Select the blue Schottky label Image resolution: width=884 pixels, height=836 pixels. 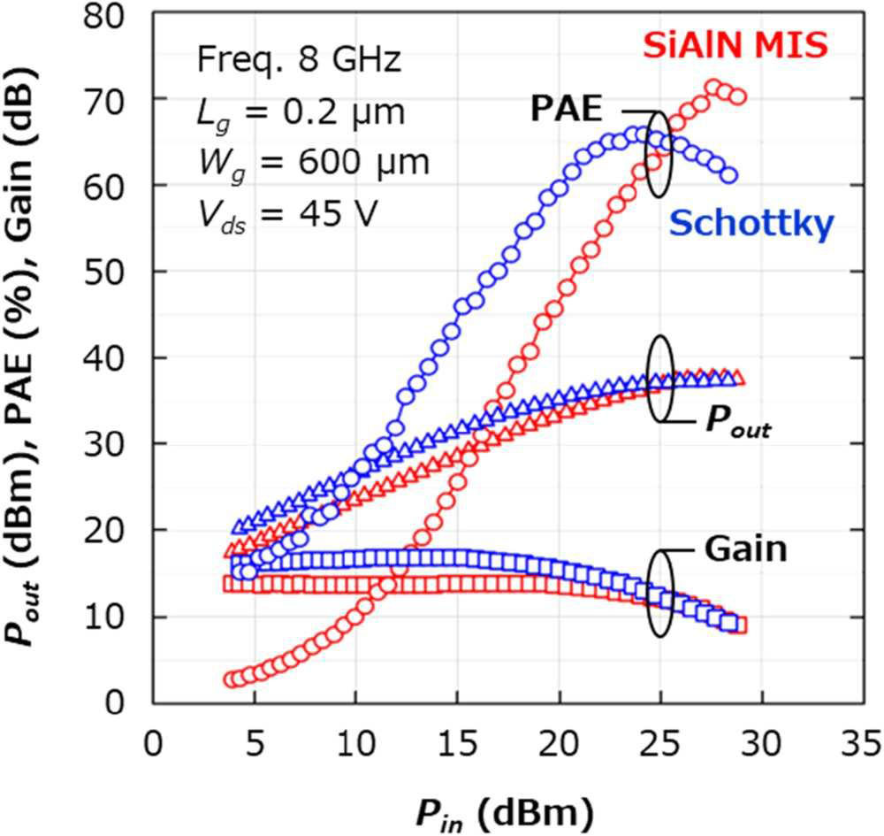pyautogui.click(x=751, y=224)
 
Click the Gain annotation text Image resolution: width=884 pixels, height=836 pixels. pyautogui.click(x=745, y=549)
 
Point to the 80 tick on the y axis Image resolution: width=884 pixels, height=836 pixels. pyautogui.click(x=117, y=15)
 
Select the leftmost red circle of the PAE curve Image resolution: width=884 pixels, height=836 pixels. pyautogui.click(x=232, y=679)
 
